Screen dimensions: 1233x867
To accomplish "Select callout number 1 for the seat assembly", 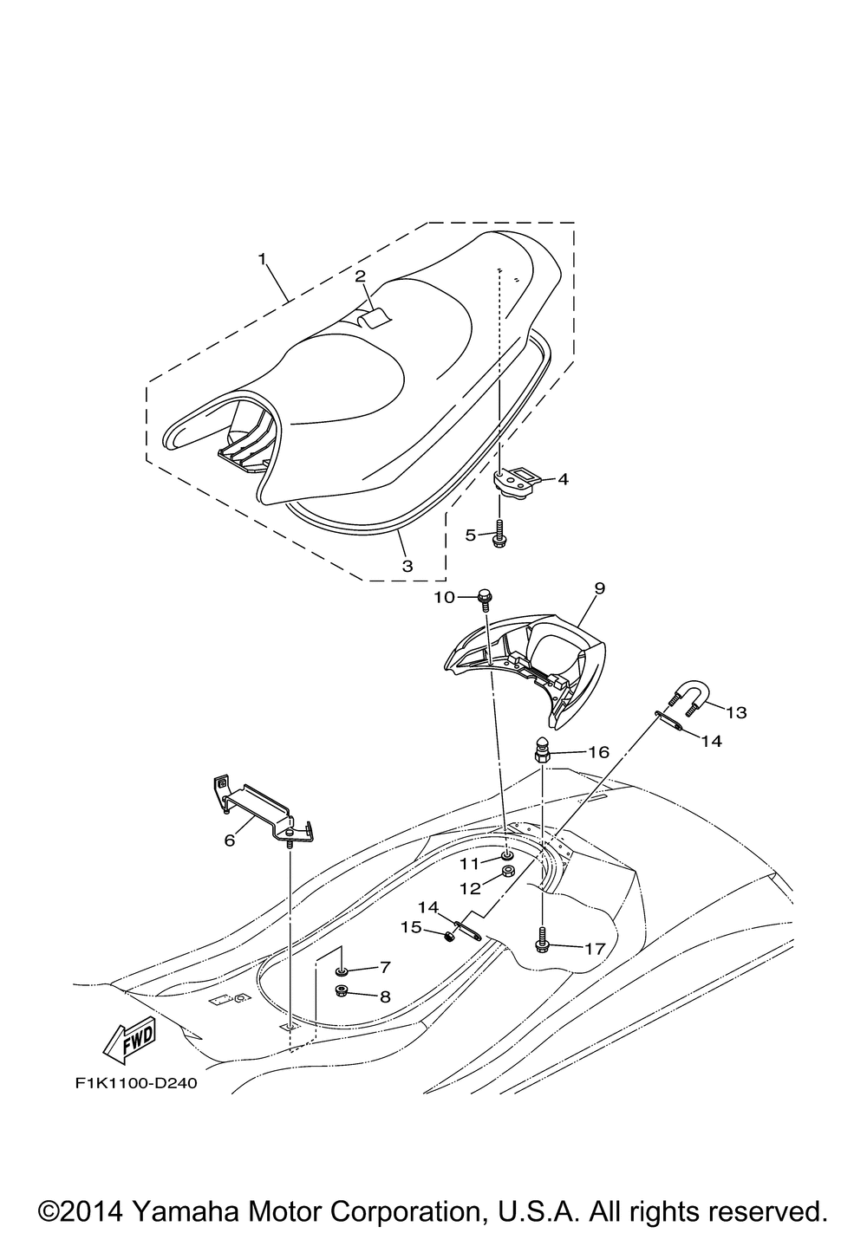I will pos(260,259).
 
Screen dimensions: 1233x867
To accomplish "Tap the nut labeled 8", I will pos(342,991).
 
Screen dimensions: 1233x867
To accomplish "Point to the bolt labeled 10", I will pos(485,598).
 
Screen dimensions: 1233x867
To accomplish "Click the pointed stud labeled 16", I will pos(541,750).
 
